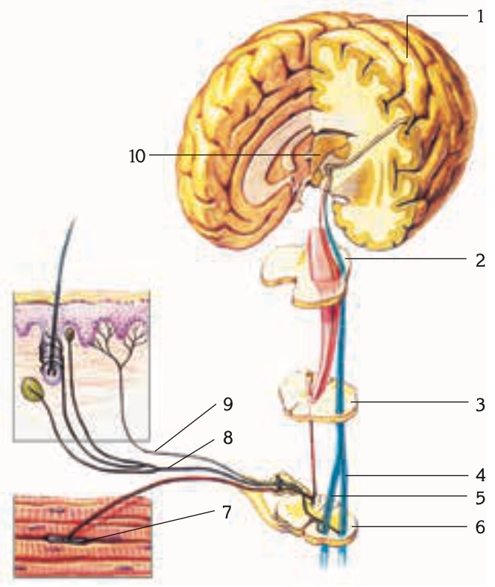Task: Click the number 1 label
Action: (x=480, y=17)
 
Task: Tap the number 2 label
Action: (x=480, y=261)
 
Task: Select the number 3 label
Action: (x=480, y=404)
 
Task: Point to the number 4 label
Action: (x=480, y=475)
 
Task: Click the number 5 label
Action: (x=480, y=498)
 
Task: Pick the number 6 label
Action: (x=480, y=527)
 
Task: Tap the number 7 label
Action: (x=227, y=512)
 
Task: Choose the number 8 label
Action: (x=227, y=437)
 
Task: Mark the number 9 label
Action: (x=228, y=404)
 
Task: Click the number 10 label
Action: (x=137, y=156)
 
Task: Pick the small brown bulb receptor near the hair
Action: (x=69, y=334)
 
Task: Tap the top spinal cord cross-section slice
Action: (x=306, y=275)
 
